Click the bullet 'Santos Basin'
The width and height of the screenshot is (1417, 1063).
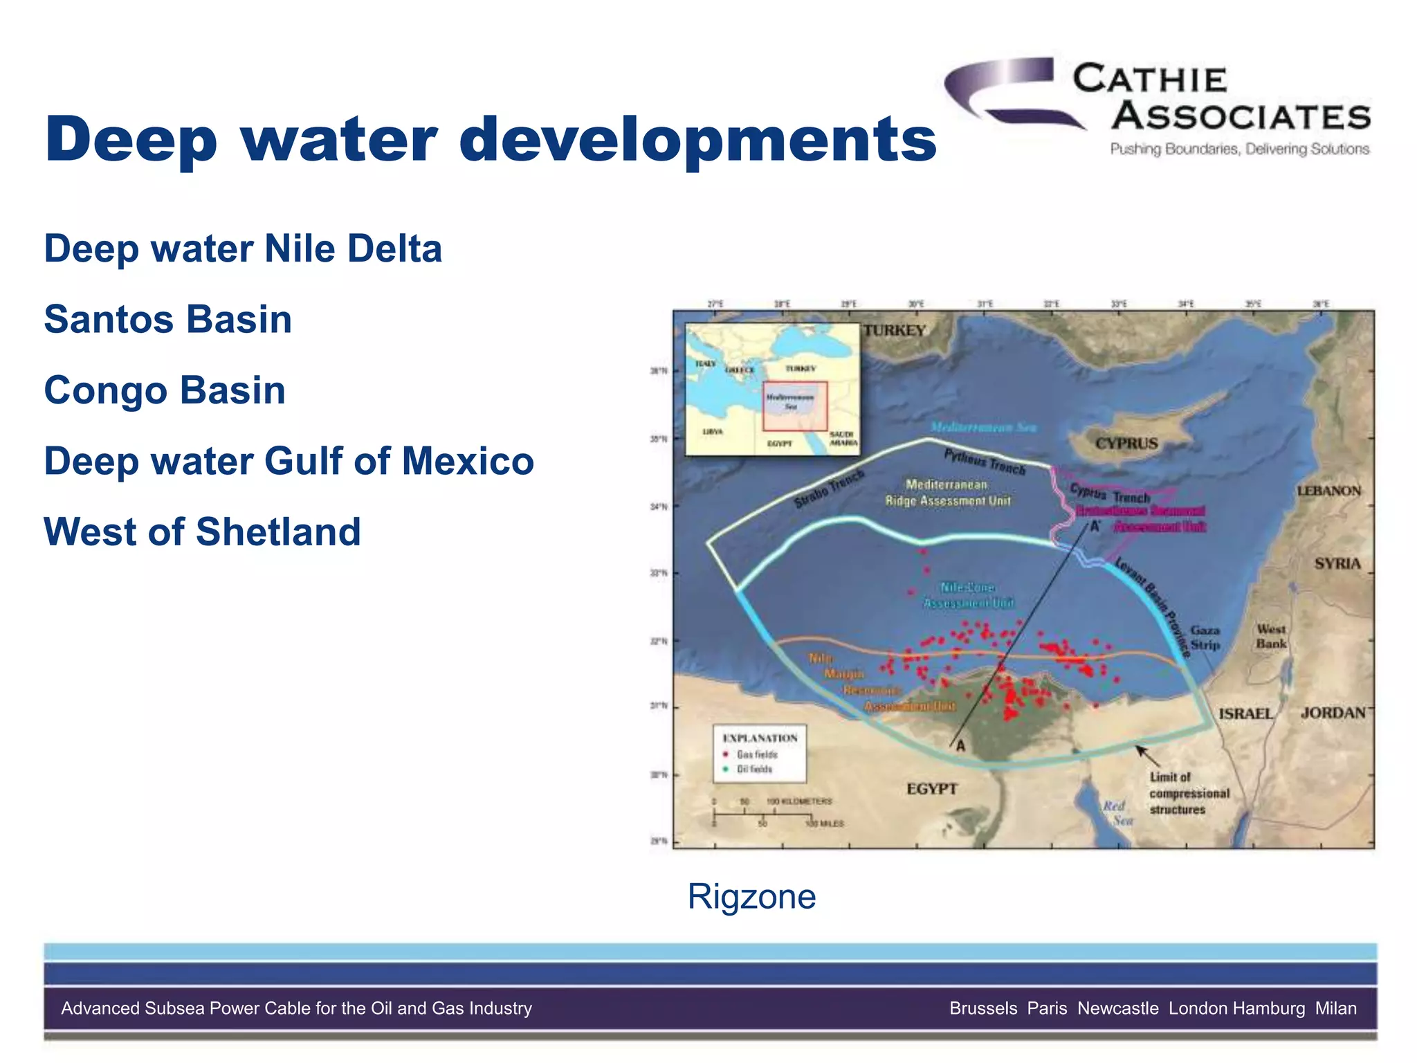point(167,319)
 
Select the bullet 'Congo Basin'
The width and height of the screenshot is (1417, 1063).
point(165,390)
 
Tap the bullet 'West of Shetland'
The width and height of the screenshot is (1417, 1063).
point(202,531)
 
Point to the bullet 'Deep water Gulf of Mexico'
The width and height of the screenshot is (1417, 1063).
point(289,461)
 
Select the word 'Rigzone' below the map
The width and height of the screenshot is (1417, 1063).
point(751,896)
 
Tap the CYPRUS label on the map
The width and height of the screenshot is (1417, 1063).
point(1126,444)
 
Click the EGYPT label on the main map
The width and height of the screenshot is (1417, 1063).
point(932,789)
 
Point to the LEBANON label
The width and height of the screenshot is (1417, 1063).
point(1328,491)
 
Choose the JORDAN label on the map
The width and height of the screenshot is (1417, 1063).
point(1333,713)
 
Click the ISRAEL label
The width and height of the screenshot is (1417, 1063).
point(1245,714)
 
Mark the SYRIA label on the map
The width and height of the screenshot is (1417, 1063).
point(1337,563)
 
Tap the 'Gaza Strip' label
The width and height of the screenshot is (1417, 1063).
point(1205,637)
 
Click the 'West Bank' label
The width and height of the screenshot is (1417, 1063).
point(1271,636)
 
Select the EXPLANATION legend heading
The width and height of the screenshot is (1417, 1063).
point(760,738)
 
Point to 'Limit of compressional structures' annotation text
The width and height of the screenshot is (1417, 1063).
point(1189,793)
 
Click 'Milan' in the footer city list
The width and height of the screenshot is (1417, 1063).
point(1335,1008)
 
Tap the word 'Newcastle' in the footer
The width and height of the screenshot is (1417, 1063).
point(1117,1008)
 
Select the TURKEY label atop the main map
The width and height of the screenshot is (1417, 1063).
point(894,331)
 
